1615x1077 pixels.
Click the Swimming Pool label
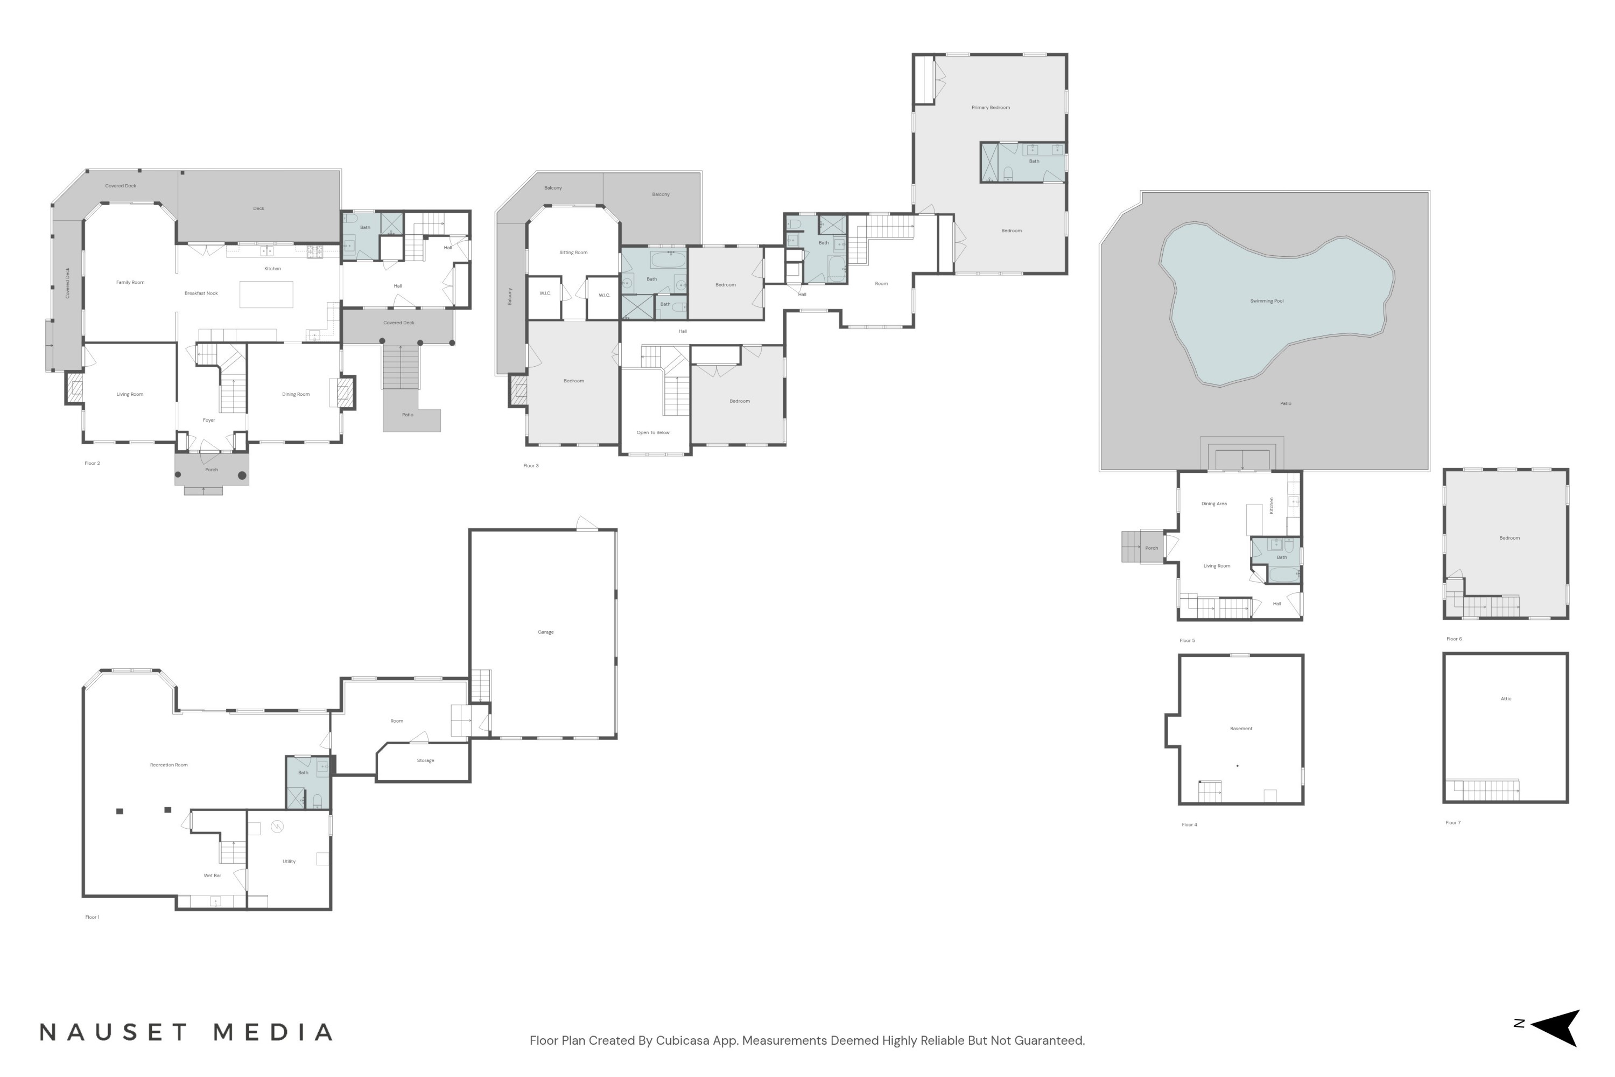(x=1266, y=301)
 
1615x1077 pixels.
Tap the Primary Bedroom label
(x=990, y=108)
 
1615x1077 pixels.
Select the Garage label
(x=545, y=632)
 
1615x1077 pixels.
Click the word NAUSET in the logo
(x=113, y=1033)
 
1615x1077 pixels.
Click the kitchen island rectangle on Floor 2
(x=266, y=294)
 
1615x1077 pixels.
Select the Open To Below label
(x=652, y=433)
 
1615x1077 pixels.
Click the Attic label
(x=1505, y=698)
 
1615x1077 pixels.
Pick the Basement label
(x=1241, y=729)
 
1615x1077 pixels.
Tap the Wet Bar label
(x=212, y=876)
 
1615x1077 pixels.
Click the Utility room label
(x=289, y=861)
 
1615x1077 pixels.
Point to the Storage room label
(x=425, y=760)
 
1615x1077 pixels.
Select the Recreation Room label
(x=169, y=765)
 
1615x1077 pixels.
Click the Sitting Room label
(x=573, y=253)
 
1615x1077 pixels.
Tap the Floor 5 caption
(x=1186, y=641)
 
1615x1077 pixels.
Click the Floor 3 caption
(x=531, y=466)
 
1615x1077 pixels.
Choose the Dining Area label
(x=1213, y=504)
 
